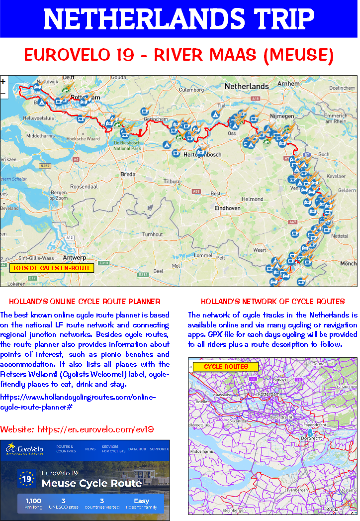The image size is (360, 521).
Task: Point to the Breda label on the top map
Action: [128, 174]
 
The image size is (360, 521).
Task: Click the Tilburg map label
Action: [172, 181]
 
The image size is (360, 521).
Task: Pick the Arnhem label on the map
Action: [288, 84]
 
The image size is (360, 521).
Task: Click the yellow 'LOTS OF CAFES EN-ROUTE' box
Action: [52, 268]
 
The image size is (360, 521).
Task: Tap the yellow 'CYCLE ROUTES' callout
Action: [226, 367]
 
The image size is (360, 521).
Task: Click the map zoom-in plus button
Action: [3, 82]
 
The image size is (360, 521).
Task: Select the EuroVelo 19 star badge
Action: [26, 478]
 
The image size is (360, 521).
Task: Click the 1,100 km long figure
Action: [32, 501]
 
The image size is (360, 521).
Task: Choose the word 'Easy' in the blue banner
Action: [141, 501]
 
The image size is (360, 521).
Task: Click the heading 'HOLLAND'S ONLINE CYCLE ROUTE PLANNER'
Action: [85, 302]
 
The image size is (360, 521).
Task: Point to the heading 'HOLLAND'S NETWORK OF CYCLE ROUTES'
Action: [272, 302]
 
